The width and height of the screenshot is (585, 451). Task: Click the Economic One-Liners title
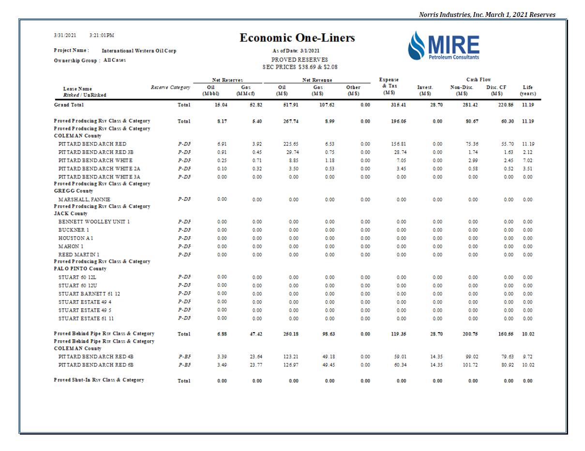pos(297,38)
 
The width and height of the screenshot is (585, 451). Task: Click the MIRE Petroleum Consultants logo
pos(444,46)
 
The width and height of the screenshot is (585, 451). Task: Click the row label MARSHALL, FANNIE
pos(84,199)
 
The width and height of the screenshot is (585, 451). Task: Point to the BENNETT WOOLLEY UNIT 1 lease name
pos(94,222)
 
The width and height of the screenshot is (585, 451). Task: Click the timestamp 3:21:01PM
pos(102,35)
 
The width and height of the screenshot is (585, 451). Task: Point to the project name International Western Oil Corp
pos(139,51)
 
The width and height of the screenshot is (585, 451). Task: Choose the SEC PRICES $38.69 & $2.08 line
pos(300,67)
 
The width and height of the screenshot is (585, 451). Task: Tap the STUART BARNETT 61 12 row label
pos(89,294)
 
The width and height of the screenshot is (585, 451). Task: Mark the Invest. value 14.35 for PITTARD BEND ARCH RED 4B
pos(437,357)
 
